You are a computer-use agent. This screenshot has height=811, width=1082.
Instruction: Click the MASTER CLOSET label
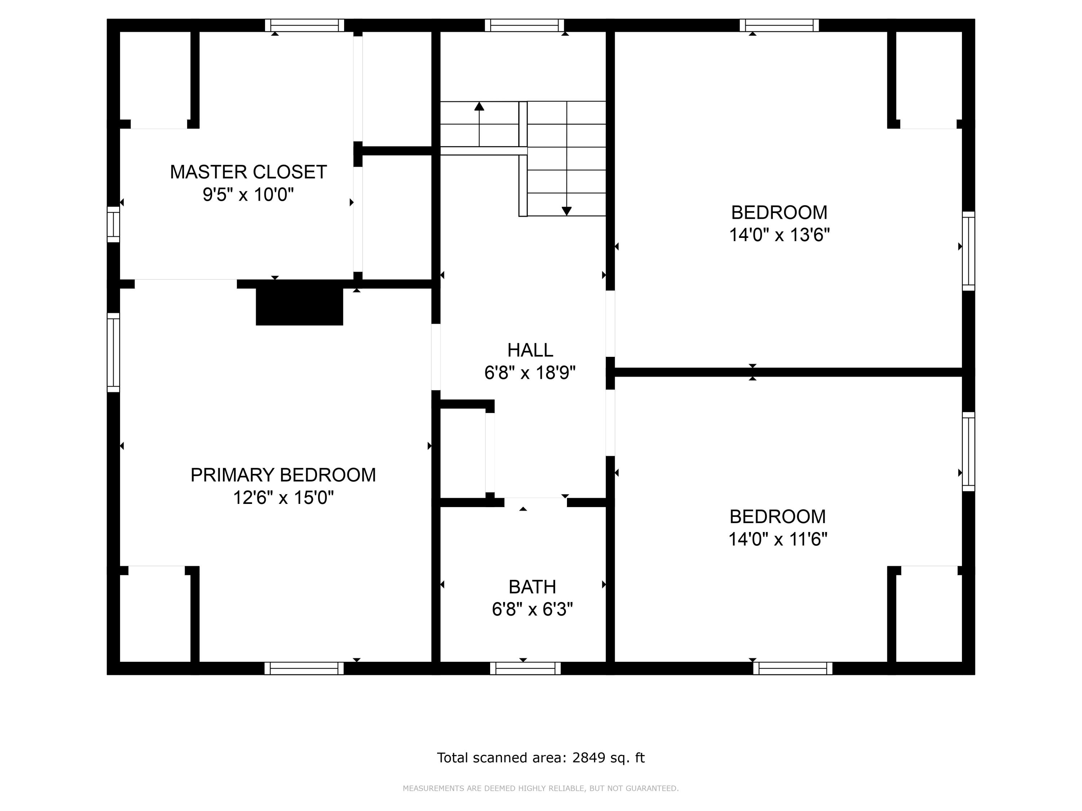pyautogui.click(x=248, y=172)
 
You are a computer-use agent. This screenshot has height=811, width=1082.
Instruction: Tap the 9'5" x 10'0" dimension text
pyautogui.click(x=248, y=195)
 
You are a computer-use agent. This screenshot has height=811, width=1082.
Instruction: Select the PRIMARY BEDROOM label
pyautogui.click(x=283, y=475)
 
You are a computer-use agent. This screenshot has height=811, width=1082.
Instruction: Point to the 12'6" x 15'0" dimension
pyautogui.click(x=283, y=498)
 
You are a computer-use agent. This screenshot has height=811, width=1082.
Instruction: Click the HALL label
pyautogui.click(x=530, y=350)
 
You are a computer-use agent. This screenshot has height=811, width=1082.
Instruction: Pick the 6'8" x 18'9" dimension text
pyautogui.click(x=530, y=373)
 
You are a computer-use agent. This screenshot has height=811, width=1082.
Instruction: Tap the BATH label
pyautogui.click(x=532, y=586)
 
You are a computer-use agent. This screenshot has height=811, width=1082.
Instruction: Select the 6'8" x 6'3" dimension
pyautogui.click(x=532, y=610)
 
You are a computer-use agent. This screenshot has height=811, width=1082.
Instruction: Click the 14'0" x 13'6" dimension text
pyautogui.click(x=779, y=235)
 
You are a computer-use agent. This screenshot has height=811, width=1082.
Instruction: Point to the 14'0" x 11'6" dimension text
pyautogui.click(x=778, y=539)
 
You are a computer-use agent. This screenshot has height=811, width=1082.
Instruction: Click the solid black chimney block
pyautogui.click(x=299, y=306)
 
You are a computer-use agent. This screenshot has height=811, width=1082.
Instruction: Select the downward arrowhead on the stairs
pyautogui.click(x=567, y=211)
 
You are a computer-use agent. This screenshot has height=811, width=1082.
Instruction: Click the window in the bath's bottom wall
pyautogui.click(x=525, y=668)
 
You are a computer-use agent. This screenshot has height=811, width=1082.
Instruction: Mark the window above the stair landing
pyautogui.click(x=524, y=26)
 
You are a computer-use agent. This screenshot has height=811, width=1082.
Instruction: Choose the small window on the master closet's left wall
pyautogui.click(x=114, y=225)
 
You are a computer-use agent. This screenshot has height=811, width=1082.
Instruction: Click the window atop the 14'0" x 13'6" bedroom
pyautogui.click(x=779, y=26)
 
